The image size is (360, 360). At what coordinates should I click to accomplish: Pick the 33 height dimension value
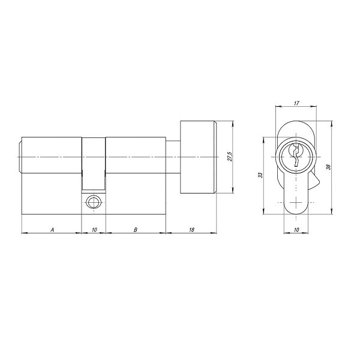(x=260, y=175)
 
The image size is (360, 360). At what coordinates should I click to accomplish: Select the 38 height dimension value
(x=328, y=167)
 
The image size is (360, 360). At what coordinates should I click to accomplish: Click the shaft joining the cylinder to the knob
(x=172, y=157)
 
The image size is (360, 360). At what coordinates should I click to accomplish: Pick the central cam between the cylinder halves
(x=93, y=162)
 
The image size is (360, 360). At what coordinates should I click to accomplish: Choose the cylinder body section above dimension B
(x=135, y=174)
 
